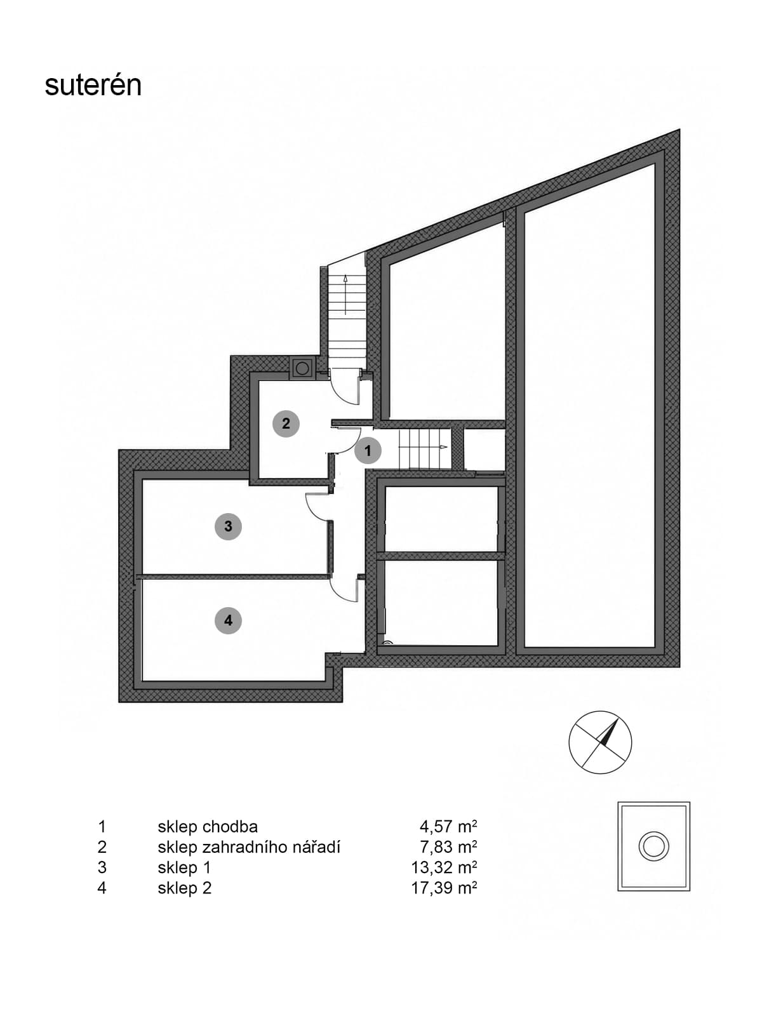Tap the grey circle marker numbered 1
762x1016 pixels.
(x=368, y=450)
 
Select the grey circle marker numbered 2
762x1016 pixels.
(x=286, y=423)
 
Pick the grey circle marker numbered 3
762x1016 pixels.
(x=228, y=526)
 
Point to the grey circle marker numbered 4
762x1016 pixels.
(x=228, y=620)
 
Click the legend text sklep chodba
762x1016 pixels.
(x=208, y=827)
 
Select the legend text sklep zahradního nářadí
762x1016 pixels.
(x=249, y=847)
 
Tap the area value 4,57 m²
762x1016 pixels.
(x=448, y=827)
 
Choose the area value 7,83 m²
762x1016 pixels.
(x=448, y=847)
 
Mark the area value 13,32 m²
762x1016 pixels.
(x=444, y=867)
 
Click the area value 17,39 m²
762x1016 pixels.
(x=444, y=888)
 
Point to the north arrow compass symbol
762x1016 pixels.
(x=600, y=742)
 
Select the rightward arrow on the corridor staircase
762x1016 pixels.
(x=420, y=448)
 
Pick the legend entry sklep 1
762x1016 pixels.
(x=184, y=867)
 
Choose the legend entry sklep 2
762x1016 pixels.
(x=185, y=888)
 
